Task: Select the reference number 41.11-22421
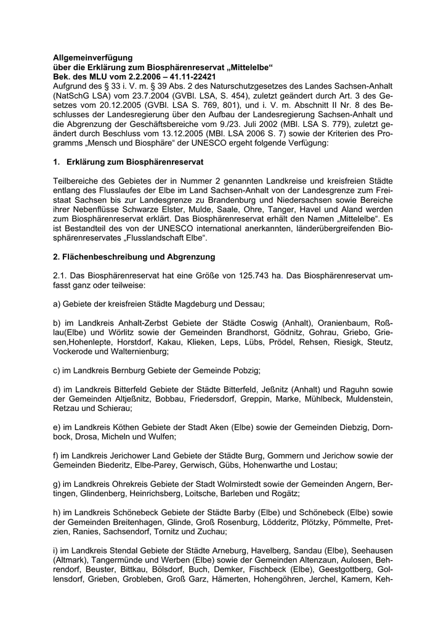point(197,75)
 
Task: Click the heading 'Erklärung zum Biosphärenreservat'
point(135,161)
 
